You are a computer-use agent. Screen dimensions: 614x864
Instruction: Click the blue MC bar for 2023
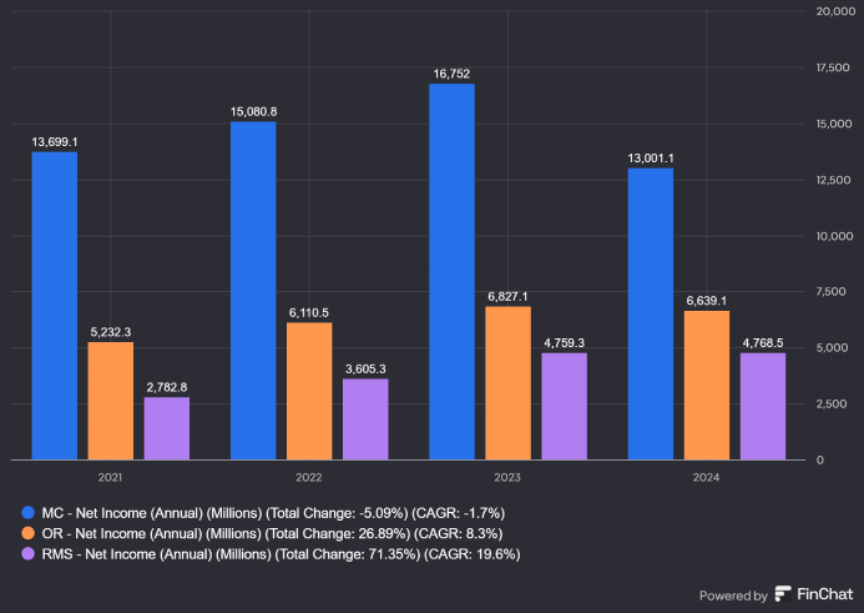pos(452,271)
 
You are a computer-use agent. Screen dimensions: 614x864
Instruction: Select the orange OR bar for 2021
pos(110,401)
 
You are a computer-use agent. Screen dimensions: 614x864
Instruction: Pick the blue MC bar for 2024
pos(650,313)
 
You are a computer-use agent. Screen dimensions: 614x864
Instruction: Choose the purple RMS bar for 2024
pos(762,406)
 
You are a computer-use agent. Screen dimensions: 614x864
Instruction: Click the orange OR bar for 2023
pos(508,383)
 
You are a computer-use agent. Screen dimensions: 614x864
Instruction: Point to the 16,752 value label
pos(452,72)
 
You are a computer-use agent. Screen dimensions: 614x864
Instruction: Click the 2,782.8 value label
pos(166,386)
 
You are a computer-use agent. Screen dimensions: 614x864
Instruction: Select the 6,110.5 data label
pos(309,312)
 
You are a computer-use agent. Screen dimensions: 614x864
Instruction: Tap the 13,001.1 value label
pos(650,157)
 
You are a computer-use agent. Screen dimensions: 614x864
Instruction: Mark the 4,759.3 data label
pos(564,342)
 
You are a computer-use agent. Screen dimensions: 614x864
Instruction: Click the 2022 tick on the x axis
pos(309,478)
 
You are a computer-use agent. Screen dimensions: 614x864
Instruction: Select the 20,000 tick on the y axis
pos(833,12)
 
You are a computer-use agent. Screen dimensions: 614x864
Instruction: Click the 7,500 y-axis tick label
pos(833,292)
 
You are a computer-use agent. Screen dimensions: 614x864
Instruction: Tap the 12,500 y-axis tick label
pos(833,180)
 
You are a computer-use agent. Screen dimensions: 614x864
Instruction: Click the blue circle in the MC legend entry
pos(31,513)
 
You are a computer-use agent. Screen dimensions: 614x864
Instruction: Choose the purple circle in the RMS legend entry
pos(31,553)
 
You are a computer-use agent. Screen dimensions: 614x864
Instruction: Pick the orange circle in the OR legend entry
pos(31,533)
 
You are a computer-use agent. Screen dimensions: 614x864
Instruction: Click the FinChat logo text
pos(824,595)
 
